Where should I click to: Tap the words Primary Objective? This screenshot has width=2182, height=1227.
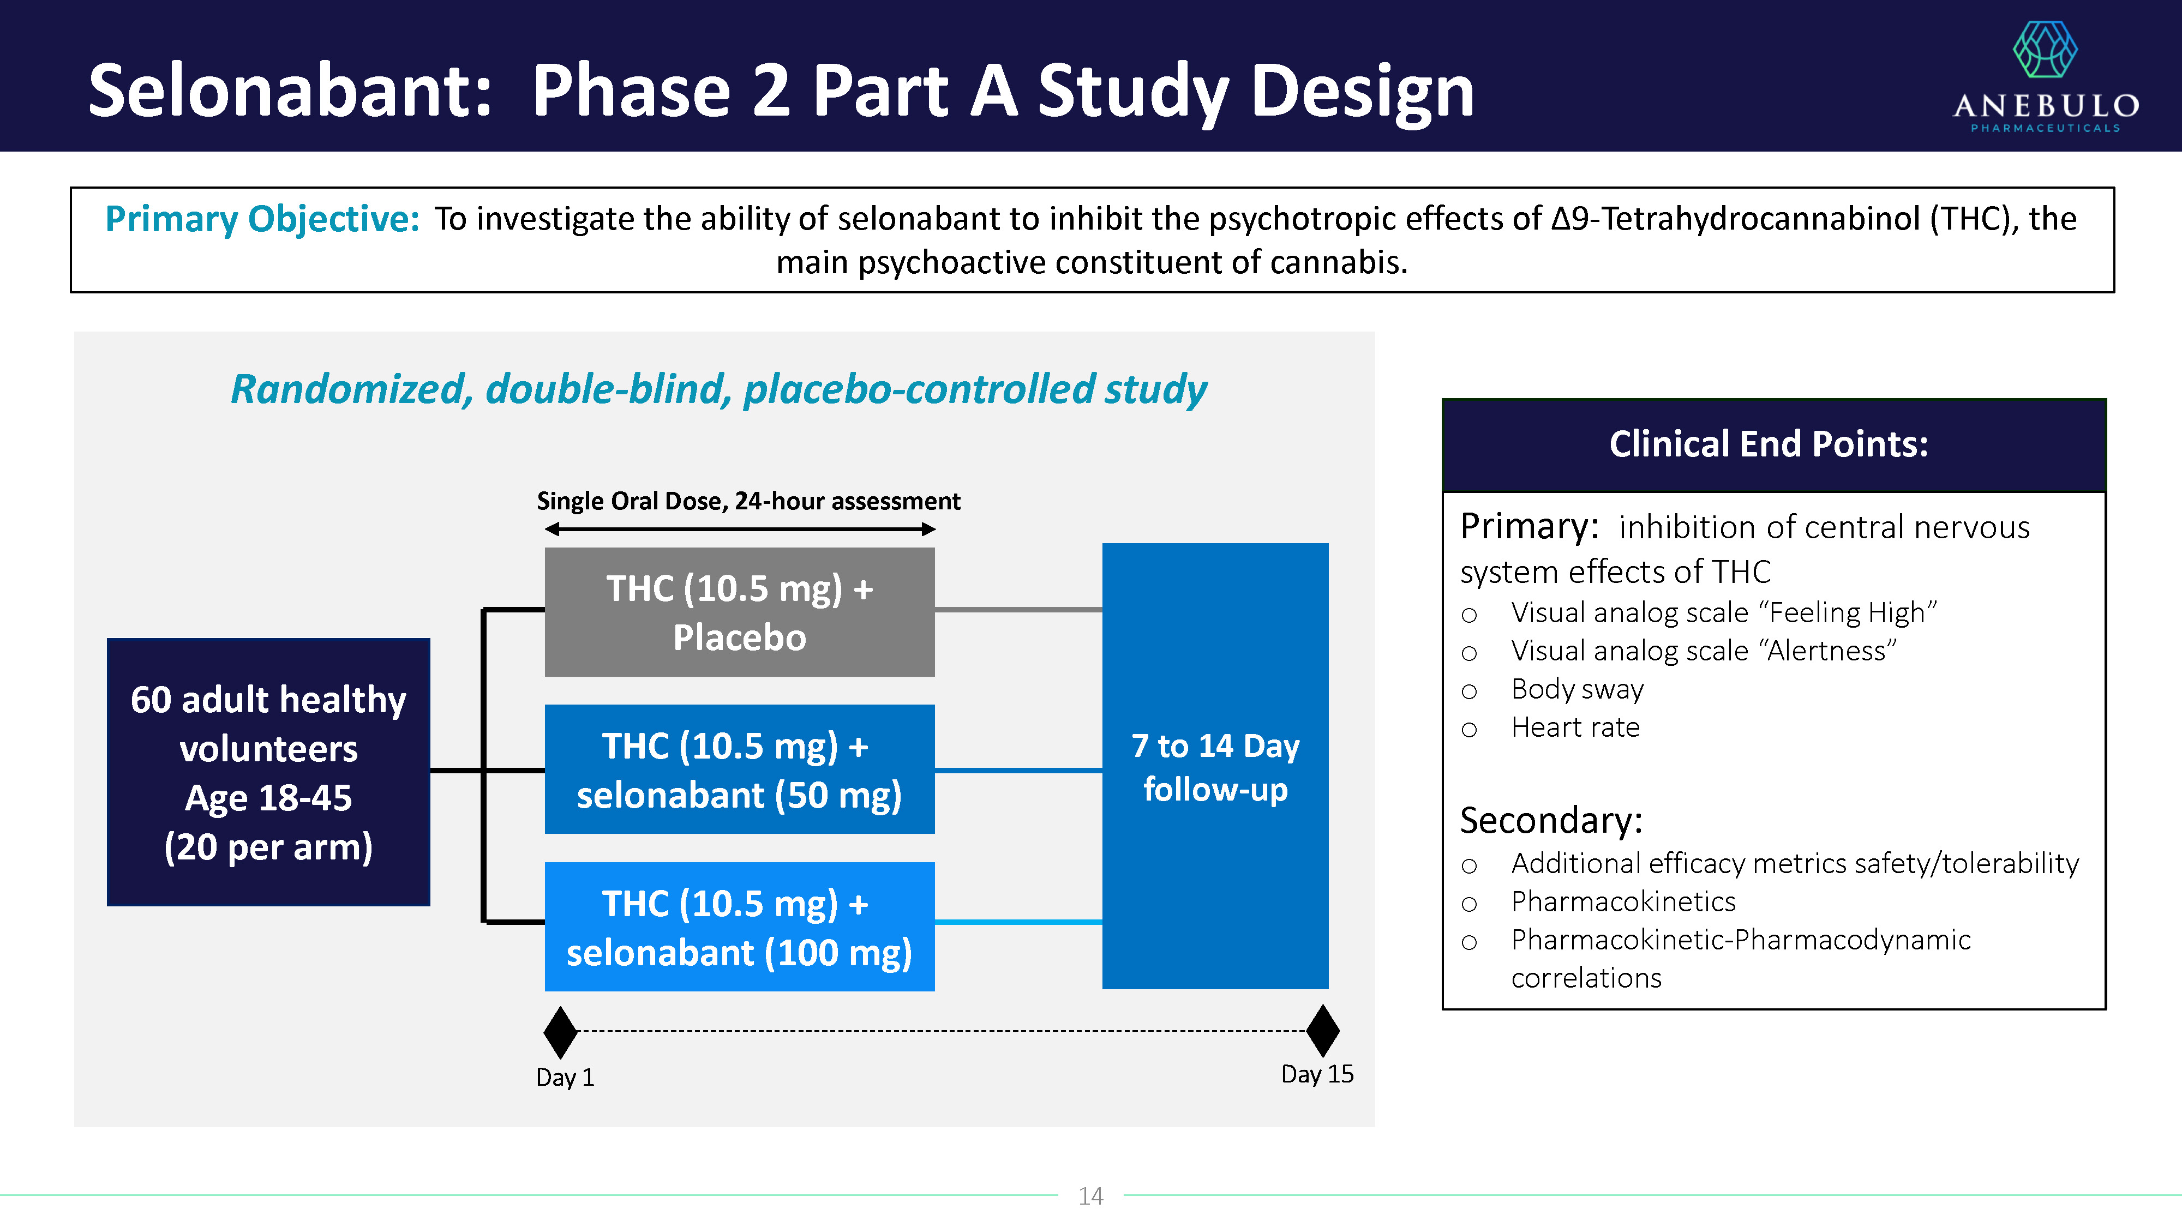click(x=262, y=219)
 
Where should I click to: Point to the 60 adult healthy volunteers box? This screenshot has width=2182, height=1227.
click(x=268, y=772)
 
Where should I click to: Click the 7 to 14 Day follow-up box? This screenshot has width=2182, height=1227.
click(x=1215, y=766)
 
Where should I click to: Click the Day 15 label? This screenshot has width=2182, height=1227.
click(x=1317, y=1074)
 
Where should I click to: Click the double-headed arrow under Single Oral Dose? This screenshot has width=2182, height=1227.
click(x=740, y=529)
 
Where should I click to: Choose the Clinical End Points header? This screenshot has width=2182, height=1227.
click(x=1769, y=444)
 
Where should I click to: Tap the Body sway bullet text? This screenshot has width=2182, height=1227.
click(x=1577, y=689)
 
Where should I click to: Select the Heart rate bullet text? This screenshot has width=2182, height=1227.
click(x=1575, y=727)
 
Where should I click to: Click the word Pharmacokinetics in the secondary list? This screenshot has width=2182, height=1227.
click(x=1623, y=902)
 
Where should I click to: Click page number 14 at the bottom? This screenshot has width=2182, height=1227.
click(x=1090, y=1196)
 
